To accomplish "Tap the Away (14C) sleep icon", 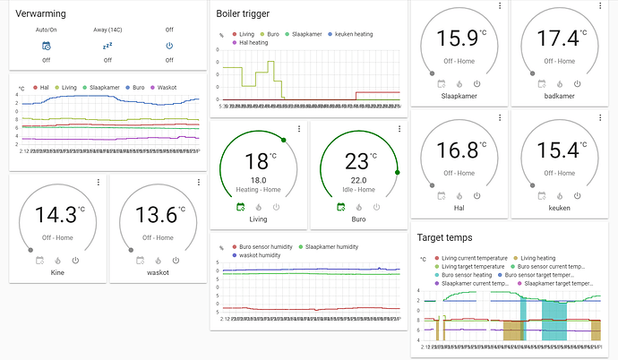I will (107, 46).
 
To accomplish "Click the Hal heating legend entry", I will (253, 42).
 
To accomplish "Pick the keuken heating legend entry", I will (356, 33).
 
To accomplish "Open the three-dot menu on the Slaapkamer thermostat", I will (499, 6).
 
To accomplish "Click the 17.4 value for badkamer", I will (554, 39).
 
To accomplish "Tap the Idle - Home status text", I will (356, 188).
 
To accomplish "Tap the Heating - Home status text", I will (256, 188).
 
